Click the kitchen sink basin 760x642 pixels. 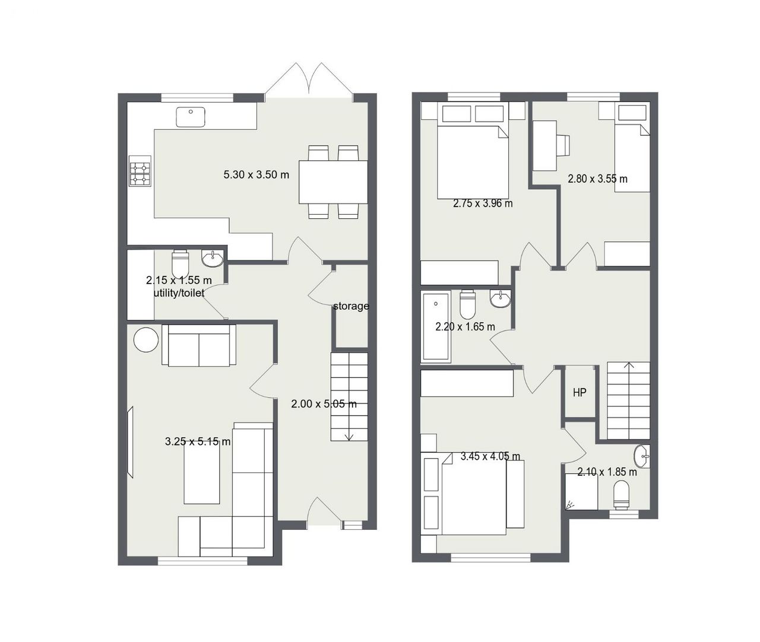191,117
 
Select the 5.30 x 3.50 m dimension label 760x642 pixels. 256,174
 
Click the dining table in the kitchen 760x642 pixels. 333,182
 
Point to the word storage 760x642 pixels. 351,306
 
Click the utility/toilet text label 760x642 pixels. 179,293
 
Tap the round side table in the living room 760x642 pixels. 146,340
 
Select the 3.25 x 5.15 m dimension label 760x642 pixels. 198,441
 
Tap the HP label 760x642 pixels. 579,393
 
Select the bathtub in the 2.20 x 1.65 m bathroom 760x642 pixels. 436,326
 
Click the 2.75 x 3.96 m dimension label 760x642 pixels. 483,203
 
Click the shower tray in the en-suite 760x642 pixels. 581,492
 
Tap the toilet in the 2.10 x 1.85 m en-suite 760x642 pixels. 622,495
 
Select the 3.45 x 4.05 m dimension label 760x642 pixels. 490,456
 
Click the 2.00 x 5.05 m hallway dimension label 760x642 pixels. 324,404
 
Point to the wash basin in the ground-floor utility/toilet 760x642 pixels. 212,258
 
